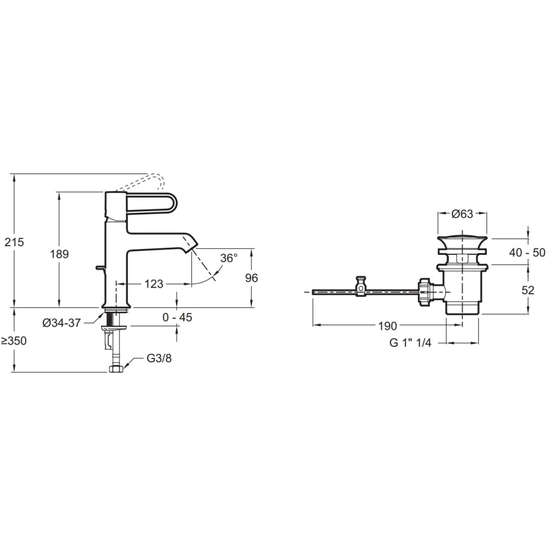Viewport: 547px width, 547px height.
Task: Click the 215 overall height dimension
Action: pyautogui.click(x=14, y=242)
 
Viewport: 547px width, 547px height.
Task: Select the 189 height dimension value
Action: pyautogui.click(x=59, y=254)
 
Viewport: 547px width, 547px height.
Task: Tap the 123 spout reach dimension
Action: pyautogui.click(x=154, y=284)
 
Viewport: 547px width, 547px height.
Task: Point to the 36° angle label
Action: pyautogui.click(x=229, y=258)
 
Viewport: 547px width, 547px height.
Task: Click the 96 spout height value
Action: pyautogui.click(x=251, y=278)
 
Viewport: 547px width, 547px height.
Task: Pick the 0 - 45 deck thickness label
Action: pyautogui.click(x=177, y=317)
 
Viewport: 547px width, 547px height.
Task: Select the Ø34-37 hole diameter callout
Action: pyautogui.click(x=61, y=323)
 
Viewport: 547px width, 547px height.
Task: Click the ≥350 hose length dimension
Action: pyautogui.click(x=14, y=341)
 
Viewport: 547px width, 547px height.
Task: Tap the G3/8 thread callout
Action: pyautogui.click(x=159, y=358)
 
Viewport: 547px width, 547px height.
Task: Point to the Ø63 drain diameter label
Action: pyautogui.click(x=462, y=213)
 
